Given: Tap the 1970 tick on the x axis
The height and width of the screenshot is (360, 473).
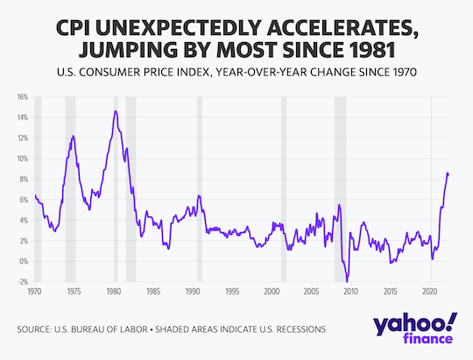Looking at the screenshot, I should click(x=34, y=290).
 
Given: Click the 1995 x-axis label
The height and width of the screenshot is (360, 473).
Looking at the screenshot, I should click(x=232, y=290).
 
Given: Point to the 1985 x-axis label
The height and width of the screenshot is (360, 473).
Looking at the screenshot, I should click(x=152, y=290).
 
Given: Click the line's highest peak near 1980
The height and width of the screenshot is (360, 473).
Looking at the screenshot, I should click(x=116, y=111).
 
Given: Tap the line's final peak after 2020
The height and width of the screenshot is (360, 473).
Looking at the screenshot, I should click(x=448, y=173).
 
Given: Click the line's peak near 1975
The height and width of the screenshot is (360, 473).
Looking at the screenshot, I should click(x=73, y=136).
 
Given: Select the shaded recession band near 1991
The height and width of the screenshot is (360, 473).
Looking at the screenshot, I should click(x=200, y=188).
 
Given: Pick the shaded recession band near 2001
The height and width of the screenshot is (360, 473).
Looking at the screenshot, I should click(x=284, y=188).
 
